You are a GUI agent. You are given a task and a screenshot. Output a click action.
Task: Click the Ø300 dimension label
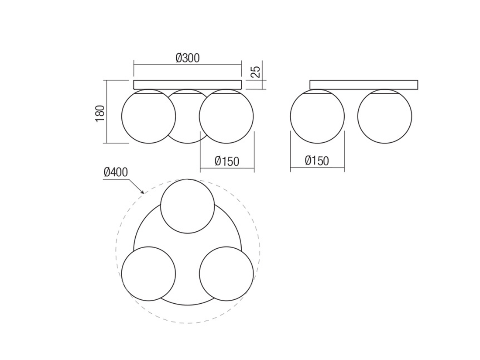pos(188,58)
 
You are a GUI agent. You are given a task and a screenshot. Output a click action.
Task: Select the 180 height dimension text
pos(100,113)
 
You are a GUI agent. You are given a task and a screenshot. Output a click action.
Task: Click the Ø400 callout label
pos(116,172)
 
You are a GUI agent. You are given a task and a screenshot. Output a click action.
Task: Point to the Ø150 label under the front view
pos(227,161)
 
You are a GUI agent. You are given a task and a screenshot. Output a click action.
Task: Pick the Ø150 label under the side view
pos(317,161)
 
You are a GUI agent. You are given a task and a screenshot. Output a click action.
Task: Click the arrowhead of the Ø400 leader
pos(142,192)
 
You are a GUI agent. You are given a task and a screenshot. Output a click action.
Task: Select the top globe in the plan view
pos(188,206)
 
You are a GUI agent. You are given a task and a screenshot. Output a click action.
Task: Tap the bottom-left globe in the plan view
pos(148,274)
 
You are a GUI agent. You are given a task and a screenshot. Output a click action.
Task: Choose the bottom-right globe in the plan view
pos(226,274)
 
